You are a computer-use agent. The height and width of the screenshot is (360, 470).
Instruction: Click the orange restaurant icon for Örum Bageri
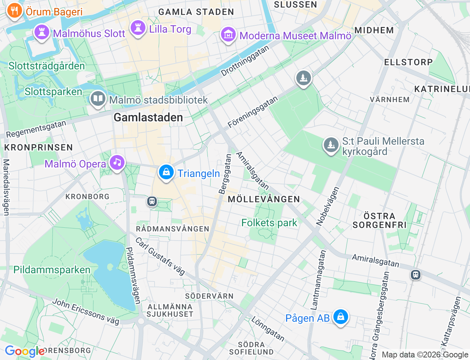click(14, 11)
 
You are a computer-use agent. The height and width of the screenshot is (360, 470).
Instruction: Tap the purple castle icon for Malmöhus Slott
click(42, 32)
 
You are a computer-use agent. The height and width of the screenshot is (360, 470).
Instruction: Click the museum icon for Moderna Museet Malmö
click(228, 35)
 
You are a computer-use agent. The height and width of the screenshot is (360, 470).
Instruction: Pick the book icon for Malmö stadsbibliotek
click(98, 98)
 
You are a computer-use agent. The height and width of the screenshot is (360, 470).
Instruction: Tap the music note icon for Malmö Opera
click(117, 162)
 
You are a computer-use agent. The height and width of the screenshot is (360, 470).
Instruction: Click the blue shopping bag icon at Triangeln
click(166, 172)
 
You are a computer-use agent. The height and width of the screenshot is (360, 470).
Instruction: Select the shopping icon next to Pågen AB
click(340, 317)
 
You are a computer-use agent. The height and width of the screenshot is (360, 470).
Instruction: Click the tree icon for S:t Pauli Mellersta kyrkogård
click(331, 145)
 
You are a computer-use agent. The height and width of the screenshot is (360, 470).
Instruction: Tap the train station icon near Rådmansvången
click(152, 201)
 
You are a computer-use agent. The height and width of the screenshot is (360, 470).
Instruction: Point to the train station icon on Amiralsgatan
click(415, 274)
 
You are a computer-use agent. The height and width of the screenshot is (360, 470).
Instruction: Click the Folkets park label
click(269, 223)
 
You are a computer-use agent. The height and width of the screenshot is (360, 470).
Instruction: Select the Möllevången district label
click(264, 199)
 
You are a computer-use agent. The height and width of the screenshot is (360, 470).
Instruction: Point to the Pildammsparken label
click(52, 270)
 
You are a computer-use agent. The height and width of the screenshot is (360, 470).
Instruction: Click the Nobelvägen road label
click(328, 206)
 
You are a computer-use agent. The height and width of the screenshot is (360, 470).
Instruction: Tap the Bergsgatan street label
click(225, 174)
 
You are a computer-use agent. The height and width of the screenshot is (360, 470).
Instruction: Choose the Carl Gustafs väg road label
click(160, 256)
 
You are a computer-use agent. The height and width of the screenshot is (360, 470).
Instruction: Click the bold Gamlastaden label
click(148, 117)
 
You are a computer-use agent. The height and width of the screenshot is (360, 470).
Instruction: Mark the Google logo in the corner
click(24, 352)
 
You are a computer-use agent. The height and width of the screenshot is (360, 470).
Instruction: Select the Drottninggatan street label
click(245, 61)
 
